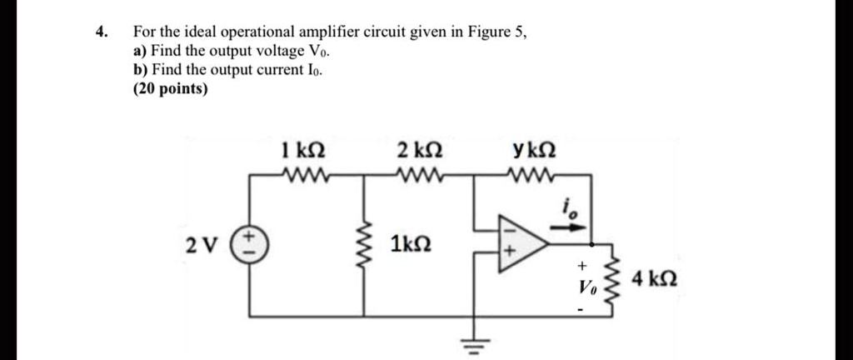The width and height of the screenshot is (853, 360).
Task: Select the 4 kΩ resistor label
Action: [653, 277]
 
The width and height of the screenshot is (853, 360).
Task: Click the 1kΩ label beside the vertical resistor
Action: [411, 246]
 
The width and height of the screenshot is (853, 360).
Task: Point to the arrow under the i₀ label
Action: [577, 225]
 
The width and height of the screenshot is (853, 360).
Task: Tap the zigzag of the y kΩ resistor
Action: [530, 175]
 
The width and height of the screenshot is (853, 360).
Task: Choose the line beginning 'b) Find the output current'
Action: [223, 70]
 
